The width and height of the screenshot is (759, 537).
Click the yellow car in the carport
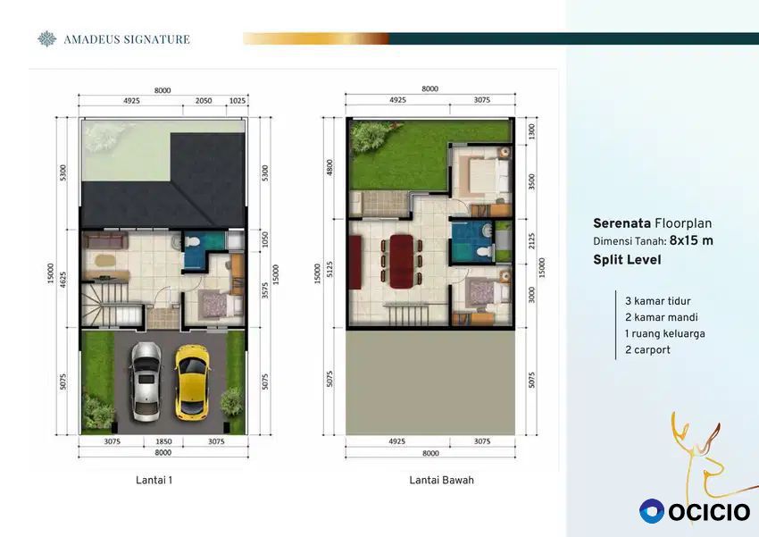[192, 382]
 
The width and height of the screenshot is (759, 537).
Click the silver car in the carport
[146, 382]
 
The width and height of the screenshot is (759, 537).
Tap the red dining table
[401, 262]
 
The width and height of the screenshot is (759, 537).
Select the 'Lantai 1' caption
[154, 481]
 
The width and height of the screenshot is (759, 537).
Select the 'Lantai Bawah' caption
[441, 481]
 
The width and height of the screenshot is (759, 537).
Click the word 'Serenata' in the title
[622, 223]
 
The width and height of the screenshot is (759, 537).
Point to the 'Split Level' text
[627, 260]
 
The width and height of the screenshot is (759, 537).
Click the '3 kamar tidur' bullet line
[658, 301]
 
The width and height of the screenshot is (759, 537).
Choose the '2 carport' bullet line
[647, 350]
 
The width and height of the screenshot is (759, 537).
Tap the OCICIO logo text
[710, 512]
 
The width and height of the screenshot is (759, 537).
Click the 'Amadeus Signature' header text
[127, 39]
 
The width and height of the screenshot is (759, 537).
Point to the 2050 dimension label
[204, 101]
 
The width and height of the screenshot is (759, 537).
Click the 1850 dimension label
[163, 441]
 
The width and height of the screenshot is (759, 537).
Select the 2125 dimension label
[532, 241]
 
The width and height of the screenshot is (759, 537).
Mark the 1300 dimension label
[532, 131]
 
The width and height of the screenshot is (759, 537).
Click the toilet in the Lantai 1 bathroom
[192, 241]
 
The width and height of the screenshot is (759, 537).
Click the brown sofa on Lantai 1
[105, 240]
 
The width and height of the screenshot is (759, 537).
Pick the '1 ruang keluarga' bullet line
[665, 333]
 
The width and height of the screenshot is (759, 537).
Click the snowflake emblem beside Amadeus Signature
[47, 39]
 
